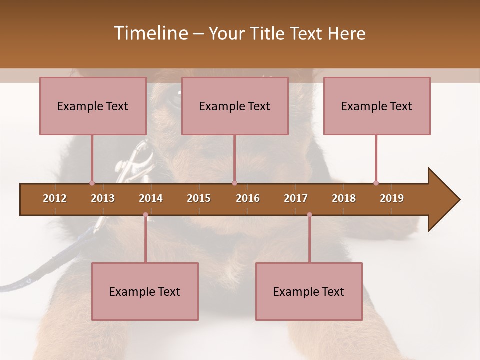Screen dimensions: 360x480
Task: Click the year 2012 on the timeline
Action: pos(55,198)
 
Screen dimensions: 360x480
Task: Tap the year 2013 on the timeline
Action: pos(103,198)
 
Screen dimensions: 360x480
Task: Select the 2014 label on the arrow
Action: pos(151,198)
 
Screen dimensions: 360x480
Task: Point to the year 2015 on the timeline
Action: pos(199,198)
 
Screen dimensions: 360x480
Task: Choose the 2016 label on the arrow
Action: pos(248,198)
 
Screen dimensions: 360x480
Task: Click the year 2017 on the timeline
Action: pos(296,198)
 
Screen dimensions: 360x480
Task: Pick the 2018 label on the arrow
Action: pos(344,198)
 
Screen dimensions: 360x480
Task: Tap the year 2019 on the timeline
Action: pos(392,198)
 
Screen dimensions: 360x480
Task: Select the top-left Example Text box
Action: pos(93,106)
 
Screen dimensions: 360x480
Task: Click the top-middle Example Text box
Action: pos(235,106)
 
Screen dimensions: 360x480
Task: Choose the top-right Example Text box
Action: pos(377,106)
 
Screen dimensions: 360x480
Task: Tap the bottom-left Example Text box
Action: pos(145,292)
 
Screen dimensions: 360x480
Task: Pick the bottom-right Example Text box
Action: pos(309,292)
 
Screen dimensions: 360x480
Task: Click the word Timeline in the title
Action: pos(150,33)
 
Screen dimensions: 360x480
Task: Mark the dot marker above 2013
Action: pos(92,183)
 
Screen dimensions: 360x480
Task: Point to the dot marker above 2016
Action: pos(234,183)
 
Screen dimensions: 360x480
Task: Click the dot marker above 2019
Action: pos(376,183)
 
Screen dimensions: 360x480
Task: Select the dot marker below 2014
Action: pos(145,215)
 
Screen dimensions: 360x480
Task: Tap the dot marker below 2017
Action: pos(309,215)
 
